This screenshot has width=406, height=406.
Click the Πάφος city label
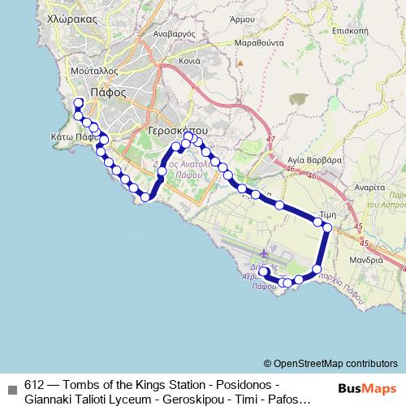pos(108,92)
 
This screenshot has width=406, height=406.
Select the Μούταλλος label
pos(90,71)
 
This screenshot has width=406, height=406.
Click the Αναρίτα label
pos(369,186)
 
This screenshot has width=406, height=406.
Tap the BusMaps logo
pos(366,388)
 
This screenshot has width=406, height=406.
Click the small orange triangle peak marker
pos(240,62)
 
